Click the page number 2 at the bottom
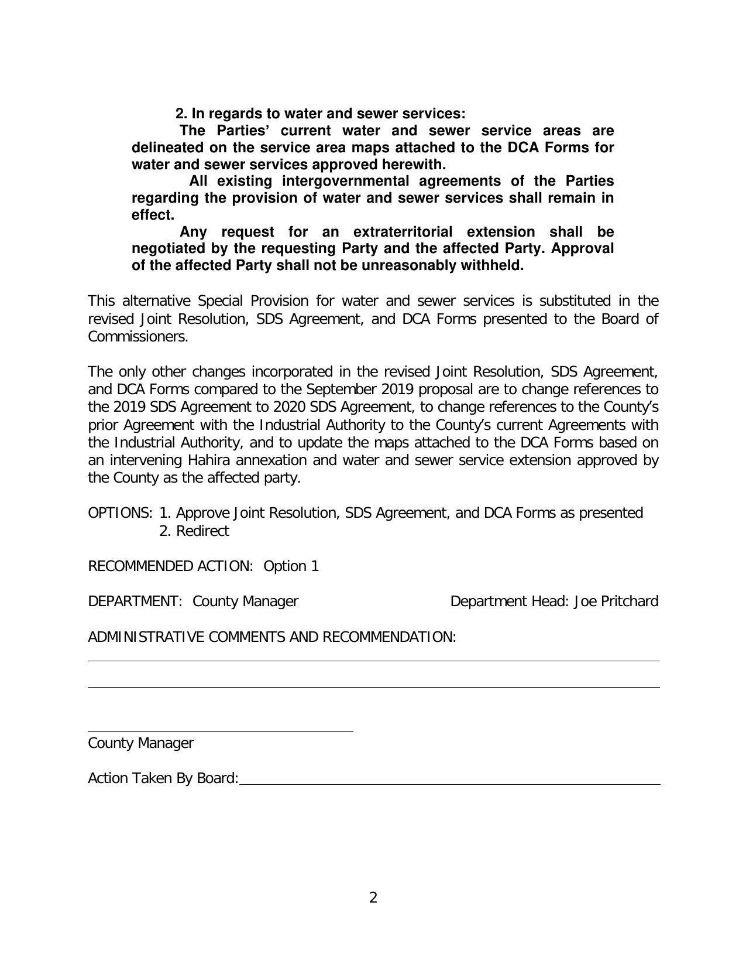(373, 897)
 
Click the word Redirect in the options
(202, 531)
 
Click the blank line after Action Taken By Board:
(449, 780)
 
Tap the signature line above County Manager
(220, 730)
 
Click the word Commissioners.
(138, 337)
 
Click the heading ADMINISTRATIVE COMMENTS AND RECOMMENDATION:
(271, 637)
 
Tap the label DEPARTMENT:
(135, 602)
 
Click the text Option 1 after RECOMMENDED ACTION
(291, 566)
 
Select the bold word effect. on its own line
(153, 215)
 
